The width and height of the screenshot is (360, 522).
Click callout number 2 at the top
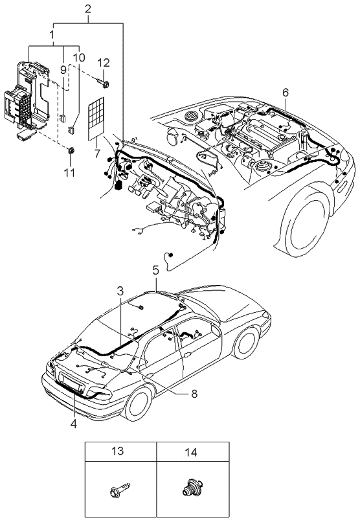click(88, 9)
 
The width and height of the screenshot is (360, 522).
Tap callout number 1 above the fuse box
click(52, 34)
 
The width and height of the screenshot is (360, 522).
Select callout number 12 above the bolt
click(104, 63)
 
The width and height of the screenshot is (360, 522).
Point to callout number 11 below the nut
click(69, 172)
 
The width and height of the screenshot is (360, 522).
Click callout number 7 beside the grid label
click(97, 153)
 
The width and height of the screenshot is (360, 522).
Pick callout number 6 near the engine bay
click(286, 93)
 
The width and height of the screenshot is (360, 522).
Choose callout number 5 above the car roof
click(155, 270)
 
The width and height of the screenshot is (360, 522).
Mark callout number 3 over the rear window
click(120, 291)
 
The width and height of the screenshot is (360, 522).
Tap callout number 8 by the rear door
click(194, 394)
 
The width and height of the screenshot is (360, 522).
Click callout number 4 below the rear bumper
click(74, 424)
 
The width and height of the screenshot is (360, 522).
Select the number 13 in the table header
click(118, 451)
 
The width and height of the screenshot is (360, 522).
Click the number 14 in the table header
click(191, 452)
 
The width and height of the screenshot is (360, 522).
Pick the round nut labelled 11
click(71, 150)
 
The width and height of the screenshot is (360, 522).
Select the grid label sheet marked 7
click(96, 119)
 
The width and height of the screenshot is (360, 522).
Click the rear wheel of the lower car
click(137, 404)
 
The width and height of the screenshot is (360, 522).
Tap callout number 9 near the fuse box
click(63, 70)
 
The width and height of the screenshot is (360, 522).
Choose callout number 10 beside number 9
click(79, 58)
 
